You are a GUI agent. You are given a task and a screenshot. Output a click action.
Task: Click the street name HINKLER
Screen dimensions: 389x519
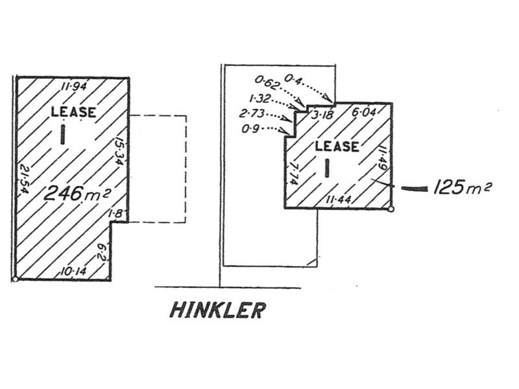point(217,310)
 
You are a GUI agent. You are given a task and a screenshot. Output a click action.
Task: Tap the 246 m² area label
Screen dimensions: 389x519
point(77,193)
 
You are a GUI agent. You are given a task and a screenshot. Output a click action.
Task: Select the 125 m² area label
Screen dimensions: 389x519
point(463,188)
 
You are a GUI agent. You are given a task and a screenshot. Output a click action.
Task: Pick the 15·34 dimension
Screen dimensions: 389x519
point(119,150)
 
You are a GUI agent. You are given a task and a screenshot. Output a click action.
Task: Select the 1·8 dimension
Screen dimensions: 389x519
point(117,213)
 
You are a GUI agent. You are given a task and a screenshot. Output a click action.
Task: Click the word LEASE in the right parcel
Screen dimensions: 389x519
point(336,146)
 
